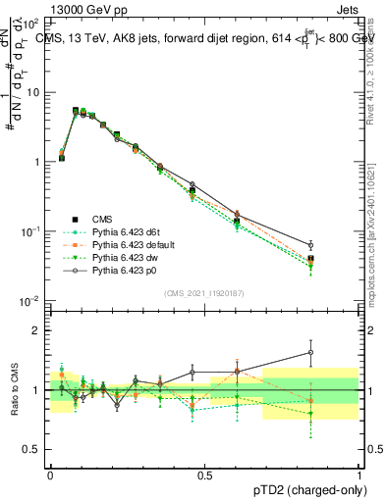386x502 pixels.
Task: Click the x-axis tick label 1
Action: pyautogui.click(x=358, y=474)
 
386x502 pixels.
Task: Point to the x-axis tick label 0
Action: pyautogui.click(x=50, y=474)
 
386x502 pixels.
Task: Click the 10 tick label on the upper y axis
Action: pyautogui.click(x=33, y=92)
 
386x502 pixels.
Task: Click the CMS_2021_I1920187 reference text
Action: pyautogui.click(x=203, y=293)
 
